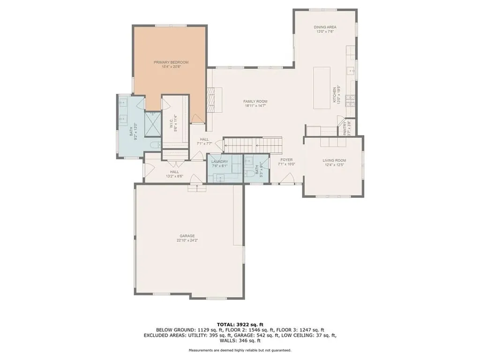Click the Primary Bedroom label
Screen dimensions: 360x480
(171, 62)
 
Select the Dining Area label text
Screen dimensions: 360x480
(325, 27)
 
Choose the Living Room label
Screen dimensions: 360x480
(334, 161)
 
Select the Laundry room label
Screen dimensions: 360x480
(219, 161)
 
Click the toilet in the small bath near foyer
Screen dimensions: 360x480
(249, 173)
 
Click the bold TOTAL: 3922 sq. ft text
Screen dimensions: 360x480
(240, 324)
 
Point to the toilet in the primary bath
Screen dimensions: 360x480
(155, 146)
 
